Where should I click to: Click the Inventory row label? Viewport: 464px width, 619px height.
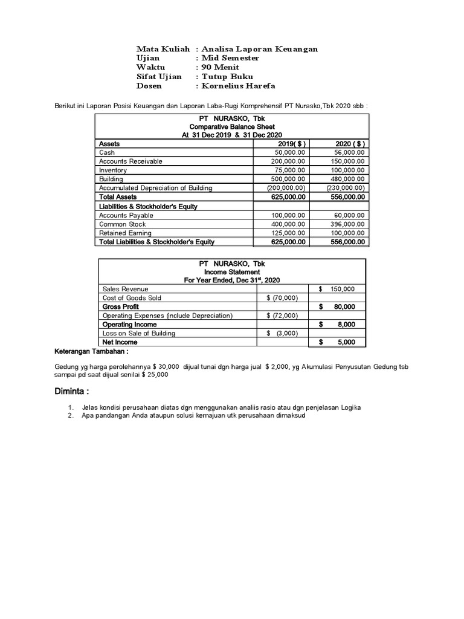[113, 170]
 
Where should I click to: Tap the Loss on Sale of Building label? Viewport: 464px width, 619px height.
[139, 333]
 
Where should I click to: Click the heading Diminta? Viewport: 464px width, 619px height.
[72, 391]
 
